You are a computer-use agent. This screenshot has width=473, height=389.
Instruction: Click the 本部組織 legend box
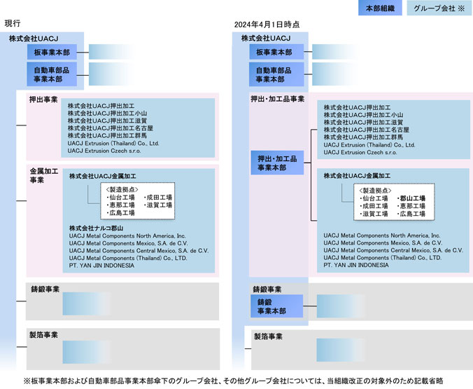point(379,9)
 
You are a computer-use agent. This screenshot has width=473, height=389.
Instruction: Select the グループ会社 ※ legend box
point(438,9)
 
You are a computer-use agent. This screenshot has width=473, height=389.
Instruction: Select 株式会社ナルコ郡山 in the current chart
point(97,228)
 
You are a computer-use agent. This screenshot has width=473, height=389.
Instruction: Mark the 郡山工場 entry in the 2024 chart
point(411,199)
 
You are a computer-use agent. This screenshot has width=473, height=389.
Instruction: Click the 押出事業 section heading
point(43,99)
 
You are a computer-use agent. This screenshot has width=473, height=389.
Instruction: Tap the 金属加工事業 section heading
point(39,175)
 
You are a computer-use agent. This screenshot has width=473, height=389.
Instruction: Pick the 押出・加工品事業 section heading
point(278,99)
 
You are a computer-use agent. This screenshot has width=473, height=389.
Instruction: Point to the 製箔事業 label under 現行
point(43,335)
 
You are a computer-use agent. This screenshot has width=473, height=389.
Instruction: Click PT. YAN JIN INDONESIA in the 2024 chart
point(356,266)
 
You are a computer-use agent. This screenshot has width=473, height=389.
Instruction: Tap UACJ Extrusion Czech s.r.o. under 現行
point(104,151)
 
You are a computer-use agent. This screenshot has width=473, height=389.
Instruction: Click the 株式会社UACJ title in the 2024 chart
point(266,38)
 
